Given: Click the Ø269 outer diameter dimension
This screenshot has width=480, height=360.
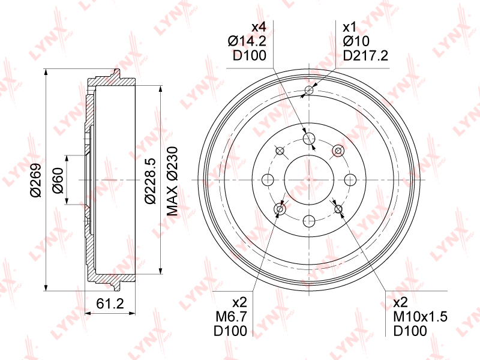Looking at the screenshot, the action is (x=35, y=180).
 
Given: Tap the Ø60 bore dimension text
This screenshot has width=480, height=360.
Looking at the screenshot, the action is (x=58, y=181).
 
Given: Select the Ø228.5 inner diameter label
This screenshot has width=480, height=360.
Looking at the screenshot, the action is (x=151, y=181).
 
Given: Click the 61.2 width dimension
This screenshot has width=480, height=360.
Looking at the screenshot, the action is (x=110, y=304).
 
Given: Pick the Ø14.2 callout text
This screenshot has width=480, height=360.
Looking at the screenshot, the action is (x=247, y=41).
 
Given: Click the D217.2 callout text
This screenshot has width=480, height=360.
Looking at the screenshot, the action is (x=365, y=55).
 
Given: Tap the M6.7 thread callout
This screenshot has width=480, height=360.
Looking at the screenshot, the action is (x=231, y=317).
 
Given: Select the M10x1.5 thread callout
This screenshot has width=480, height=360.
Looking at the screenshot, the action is (x=420, y=317).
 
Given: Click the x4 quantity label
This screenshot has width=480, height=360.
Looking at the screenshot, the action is (x=259, y=27).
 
